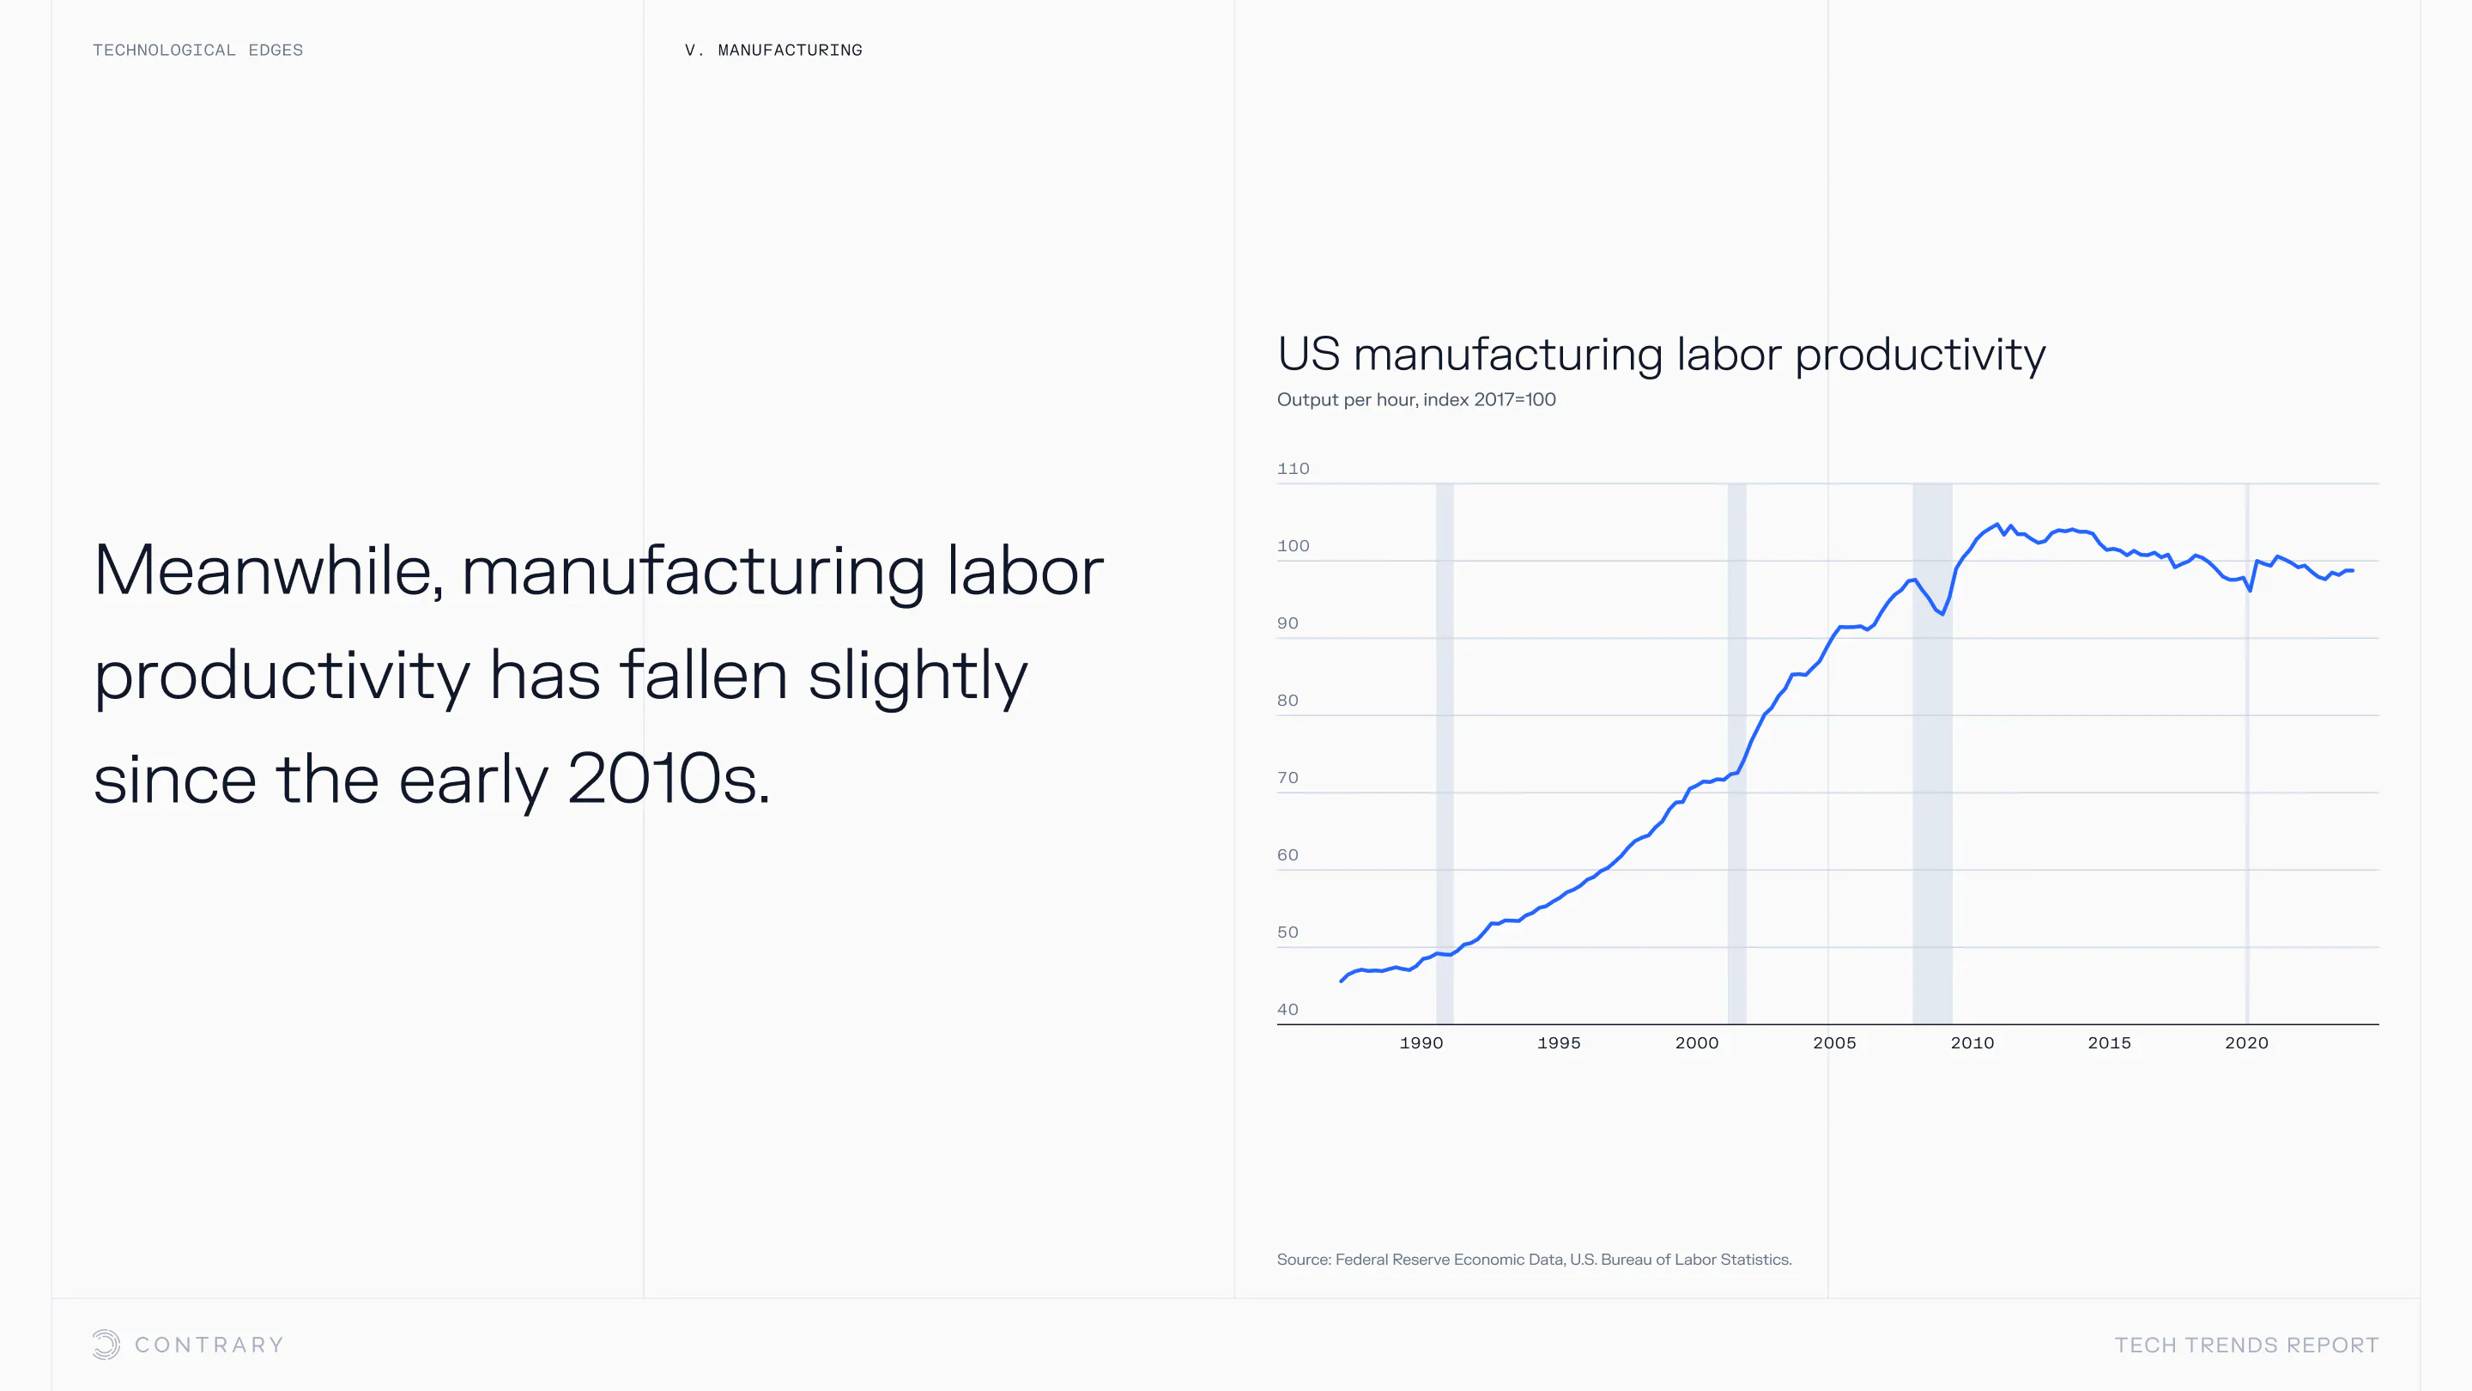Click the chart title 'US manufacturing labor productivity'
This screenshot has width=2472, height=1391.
(1661, 355)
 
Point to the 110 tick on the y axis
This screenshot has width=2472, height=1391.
(1293, 469)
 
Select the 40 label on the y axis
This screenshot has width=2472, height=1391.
(1287, 1009)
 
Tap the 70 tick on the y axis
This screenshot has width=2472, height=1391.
(1287, 778)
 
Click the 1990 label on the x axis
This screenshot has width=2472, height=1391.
(1421, 1042)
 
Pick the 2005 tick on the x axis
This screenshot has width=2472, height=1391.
(1834, 1042)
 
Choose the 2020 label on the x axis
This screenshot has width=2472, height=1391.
(2246, 1042)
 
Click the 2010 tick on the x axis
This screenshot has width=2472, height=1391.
(1972, 1042)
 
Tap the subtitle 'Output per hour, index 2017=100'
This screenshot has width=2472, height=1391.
(1416, 399)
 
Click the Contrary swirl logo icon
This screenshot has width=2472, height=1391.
(106, 1344)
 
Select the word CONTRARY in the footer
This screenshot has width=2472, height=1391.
(209, 1345)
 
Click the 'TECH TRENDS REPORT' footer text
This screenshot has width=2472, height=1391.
(2246, 1345)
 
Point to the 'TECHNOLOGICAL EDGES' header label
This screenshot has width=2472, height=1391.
(197, 50)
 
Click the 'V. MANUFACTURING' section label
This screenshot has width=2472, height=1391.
(773, 50)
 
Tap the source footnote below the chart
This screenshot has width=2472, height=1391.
(1534, 1260)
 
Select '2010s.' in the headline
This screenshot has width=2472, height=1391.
(669, 779)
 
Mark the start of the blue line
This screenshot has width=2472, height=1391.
(1342, 980)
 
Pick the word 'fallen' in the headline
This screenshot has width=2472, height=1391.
(704, 675)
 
